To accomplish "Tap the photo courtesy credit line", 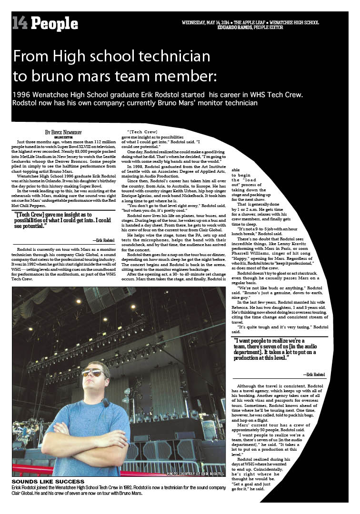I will [x=196, y=474].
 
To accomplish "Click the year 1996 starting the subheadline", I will [x=23, y=94].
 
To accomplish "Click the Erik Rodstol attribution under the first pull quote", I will [x=103, y=241].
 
